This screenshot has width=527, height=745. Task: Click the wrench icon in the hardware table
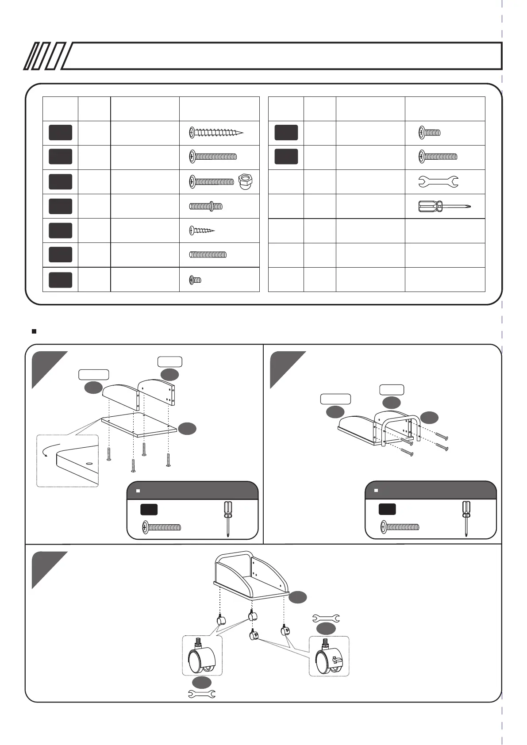pos(438,181)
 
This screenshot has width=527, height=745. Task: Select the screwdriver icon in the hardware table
pos(444,206)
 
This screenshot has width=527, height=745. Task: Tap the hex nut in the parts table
pos(245,181)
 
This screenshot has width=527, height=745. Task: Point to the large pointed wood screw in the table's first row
pos(216,132)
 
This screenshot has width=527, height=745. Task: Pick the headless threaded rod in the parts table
pos(208,254)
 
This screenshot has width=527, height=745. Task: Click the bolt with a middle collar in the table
pos(206,206)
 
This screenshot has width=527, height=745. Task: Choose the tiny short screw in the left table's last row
pos(195,280)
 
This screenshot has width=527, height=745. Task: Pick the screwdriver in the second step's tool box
pos(466,518)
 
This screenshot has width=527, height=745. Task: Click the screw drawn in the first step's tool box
pos(162,527)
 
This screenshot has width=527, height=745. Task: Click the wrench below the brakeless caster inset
pos(202,694)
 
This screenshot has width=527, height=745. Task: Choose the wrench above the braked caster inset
pos(326,618)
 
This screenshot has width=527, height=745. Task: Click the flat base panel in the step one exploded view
pos(139,425)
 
